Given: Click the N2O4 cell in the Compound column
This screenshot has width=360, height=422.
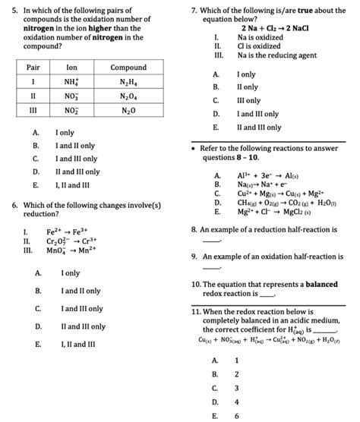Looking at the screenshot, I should [128, 96].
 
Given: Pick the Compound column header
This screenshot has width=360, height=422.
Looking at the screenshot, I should [128, 68].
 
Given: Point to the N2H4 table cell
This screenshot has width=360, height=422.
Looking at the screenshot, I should [128, 82].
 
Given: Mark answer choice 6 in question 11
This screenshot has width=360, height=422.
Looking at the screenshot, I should [237, 415].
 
